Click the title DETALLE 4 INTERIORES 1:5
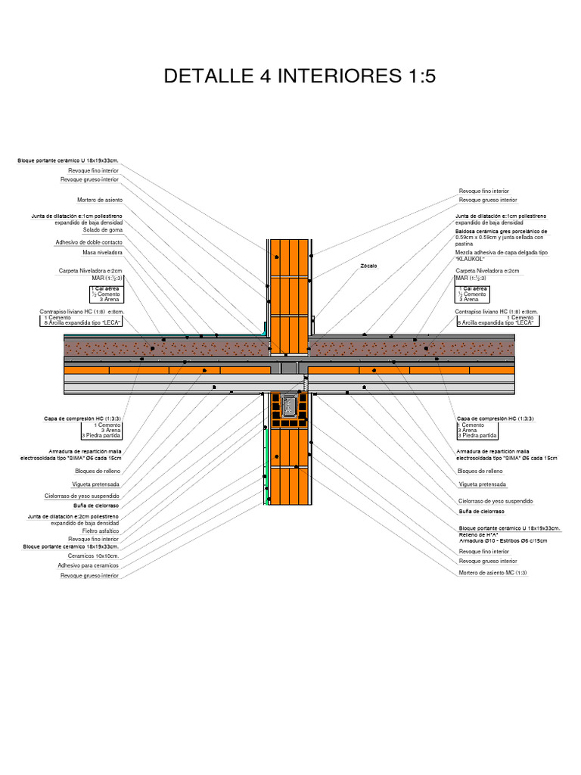(300, 77)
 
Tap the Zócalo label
(368, 266)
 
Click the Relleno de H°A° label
(481, 534)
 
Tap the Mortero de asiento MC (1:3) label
(492, 573)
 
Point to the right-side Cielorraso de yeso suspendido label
(496, 501)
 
